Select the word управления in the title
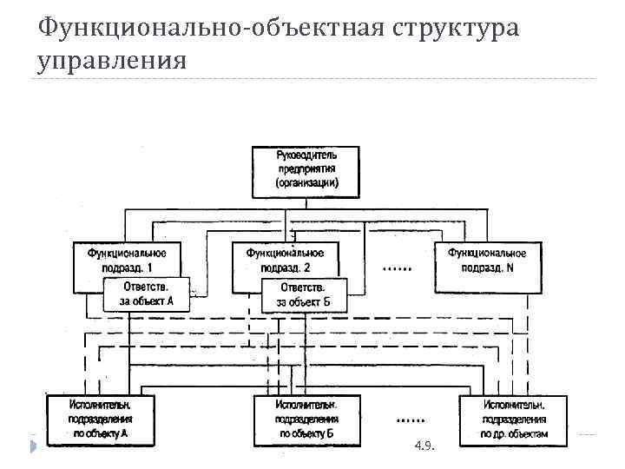tap(112, 60)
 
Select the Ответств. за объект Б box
tap(303, 294)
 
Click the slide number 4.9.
tap(425, 446)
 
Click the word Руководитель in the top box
tap(306, 155)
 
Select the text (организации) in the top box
tap(306, 183)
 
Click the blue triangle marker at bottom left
tap(32, 446)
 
